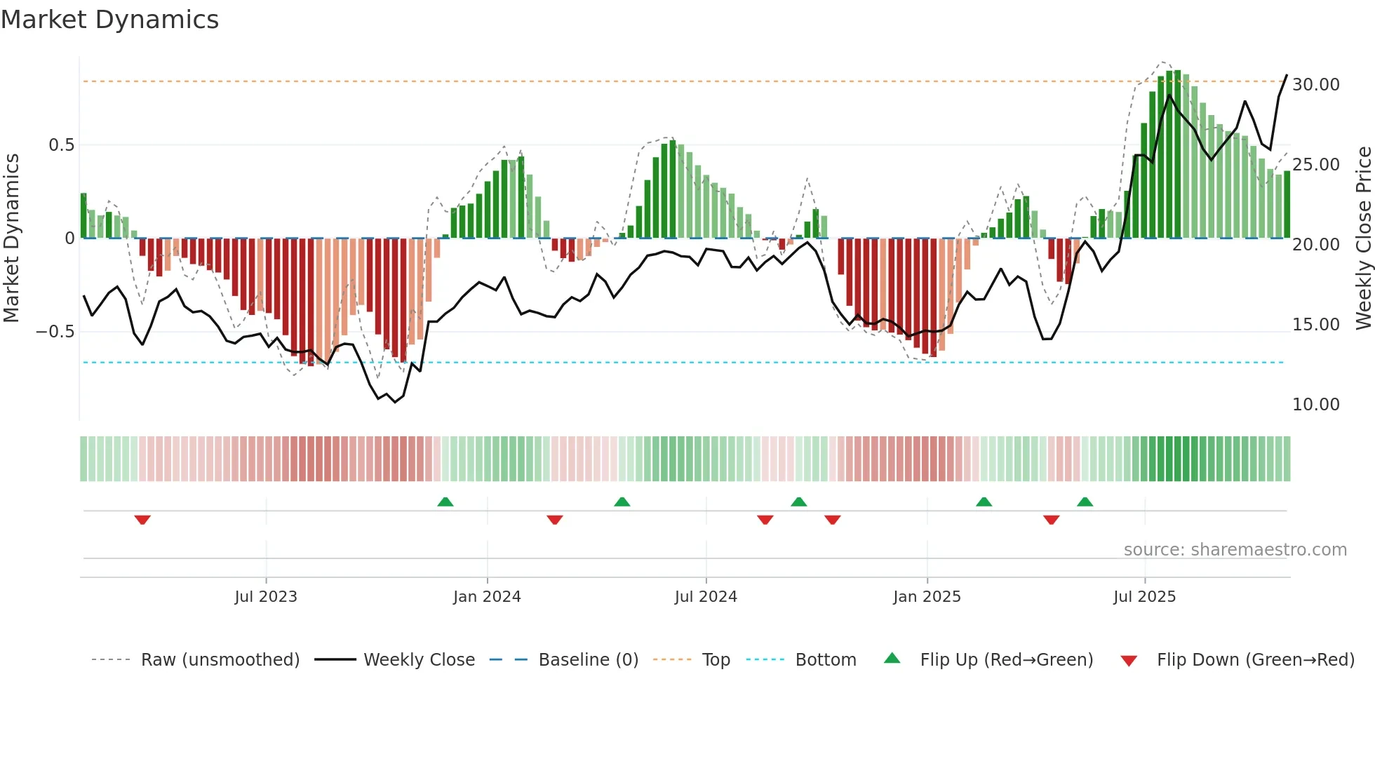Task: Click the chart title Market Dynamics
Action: [109, 20]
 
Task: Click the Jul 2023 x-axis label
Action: [266, 597]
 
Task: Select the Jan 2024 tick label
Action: [487, 597]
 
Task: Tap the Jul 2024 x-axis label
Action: [706, 597]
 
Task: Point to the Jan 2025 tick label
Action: [927, 597]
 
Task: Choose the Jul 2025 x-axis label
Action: [1144, 597]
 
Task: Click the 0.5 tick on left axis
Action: [61, 145]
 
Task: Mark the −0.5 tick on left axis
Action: [55, 331]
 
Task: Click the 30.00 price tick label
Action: [1315, 85]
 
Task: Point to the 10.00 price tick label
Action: [1315, 405]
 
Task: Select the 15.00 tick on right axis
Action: [1315, 325]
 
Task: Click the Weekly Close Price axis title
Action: [1363, 238]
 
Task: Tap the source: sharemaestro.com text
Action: [1235, 550]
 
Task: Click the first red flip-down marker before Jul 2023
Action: [142, 520]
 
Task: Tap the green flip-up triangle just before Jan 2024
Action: [445, 502]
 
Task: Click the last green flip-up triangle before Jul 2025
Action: [1085, 502]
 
